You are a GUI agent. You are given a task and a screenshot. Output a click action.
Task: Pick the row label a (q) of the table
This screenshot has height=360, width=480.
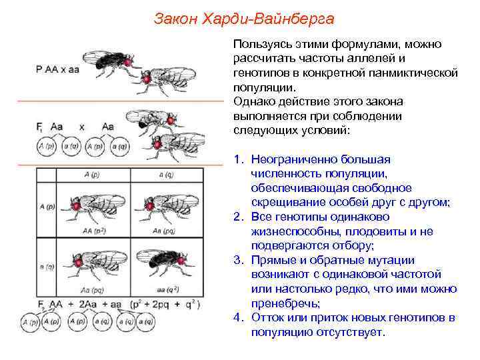47,267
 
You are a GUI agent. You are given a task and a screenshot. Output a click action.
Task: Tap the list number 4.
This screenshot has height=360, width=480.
238,317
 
